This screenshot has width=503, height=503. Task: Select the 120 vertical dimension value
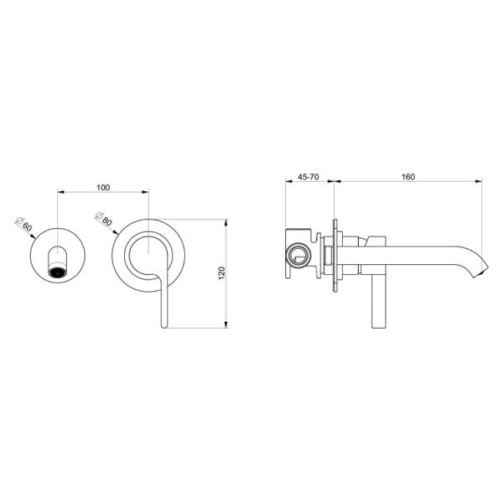click(x=221, y=273)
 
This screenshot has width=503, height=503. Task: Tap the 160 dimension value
click(x=408, y=176)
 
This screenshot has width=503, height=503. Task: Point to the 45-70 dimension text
click(x=309, y=176)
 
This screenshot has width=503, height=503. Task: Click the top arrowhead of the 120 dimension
click(x=228, y=222)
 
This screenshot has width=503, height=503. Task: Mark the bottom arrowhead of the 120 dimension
click(x=228, y=325)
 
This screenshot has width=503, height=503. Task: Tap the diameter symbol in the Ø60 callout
click(x=18, y=220)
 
